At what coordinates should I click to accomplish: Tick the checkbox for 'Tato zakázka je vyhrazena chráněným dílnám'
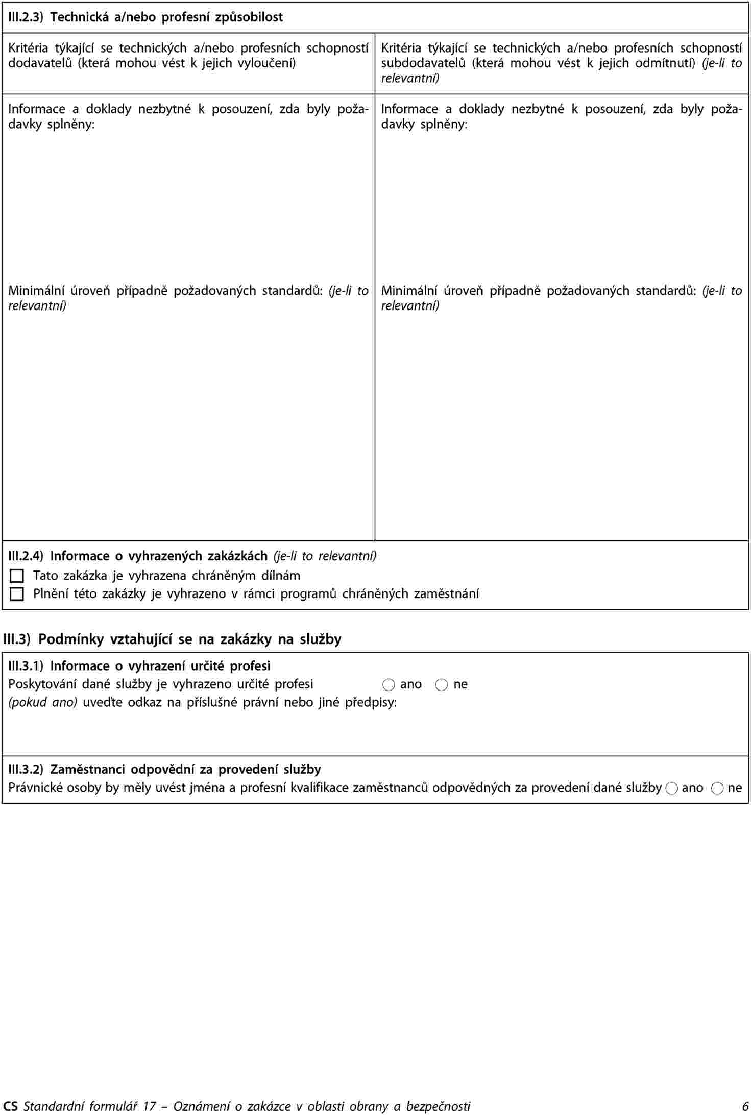pos(17,576)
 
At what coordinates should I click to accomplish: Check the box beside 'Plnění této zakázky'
pos(17,594)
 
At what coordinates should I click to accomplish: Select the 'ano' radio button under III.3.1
pos(389,685)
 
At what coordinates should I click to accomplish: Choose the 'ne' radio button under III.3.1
pos(441,685)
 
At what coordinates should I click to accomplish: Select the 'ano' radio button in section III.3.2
pos(672,789)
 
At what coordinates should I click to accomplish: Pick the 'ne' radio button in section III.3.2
pos(717,789)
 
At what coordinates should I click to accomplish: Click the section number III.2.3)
pos(27,17)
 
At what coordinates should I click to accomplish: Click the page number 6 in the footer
pos(745,1106)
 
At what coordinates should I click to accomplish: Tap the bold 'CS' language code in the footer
pos(10,1106)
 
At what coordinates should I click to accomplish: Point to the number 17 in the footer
pos(149,1106)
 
